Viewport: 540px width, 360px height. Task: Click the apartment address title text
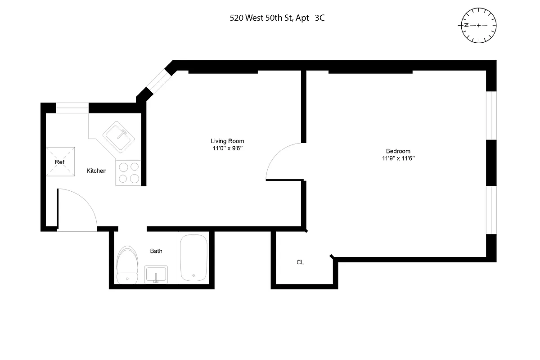pos(277,18)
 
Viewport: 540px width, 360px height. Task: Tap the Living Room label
pos(227,141)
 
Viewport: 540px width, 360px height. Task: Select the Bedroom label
pos(398,151)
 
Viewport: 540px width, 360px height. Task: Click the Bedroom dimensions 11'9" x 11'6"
pos(398,158)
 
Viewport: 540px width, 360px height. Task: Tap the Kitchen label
pos(96,171)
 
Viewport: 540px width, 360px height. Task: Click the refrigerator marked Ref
pos(60,162)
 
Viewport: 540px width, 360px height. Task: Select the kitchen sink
pos(118,135)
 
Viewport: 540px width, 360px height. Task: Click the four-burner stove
pos(128,173)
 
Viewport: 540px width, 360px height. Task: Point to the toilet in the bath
pos(127,265)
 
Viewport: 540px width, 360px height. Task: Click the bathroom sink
pos(156,274)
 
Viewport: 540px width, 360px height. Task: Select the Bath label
pos(156,251)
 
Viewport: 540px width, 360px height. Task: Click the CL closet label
pos(300,262)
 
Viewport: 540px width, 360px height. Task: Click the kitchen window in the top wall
pos(72,108)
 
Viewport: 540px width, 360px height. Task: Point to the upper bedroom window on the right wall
pos(491,116)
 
